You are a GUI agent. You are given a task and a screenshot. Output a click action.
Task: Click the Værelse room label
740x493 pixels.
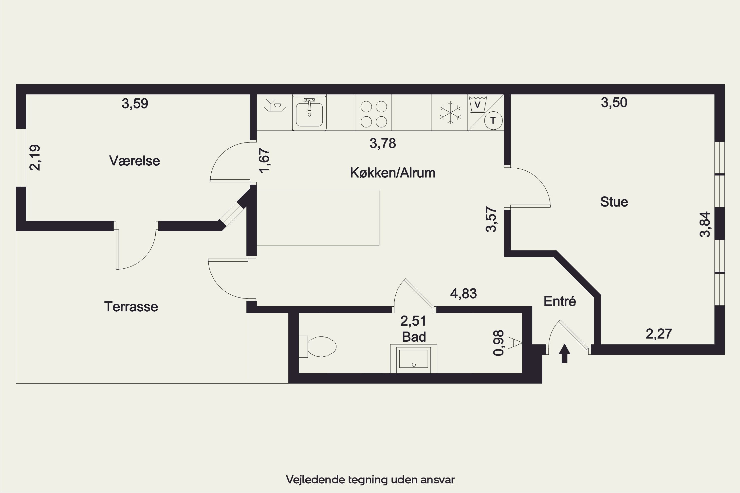tap(134, 161)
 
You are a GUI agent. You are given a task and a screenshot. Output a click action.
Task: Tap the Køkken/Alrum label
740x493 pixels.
tap(393, 173)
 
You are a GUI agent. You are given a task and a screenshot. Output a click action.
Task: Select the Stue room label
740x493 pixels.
tap(614, 202)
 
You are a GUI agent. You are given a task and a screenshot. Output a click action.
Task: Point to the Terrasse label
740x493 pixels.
tap(131, 307)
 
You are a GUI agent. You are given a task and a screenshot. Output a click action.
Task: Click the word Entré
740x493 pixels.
tap(560, 301)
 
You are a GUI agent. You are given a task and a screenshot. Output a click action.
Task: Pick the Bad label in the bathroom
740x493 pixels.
tap(414, 337)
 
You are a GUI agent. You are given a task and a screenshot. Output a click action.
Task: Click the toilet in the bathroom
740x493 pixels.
tap(317, 347)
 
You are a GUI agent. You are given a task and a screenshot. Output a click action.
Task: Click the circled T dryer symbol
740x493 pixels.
tap(493, 121)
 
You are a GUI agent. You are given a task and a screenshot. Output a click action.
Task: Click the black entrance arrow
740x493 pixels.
tap(564, 353)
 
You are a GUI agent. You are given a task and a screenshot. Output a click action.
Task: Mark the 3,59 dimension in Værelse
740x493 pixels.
tap(135, 104)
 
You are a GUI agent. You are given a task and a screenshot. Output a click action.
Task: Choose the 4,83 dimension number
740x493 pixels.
tap(463, 293)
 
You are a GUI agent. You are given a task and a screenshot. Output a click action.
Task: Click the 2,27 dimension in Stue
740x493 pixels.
tap(659, 334)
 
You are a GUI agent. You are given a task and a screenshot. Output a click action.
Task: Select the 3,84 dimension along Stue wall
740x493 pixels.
tap(705, 224)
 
